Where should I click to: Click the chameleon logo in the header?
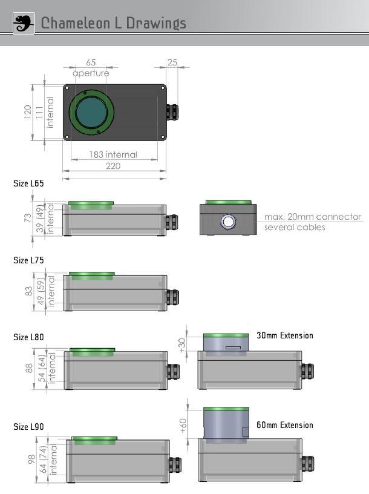point(24,23)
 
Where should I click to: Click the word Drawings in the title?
point(156,23)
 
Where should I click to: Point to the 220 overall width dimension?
point(113,166)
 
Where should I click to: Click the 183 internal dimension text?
point(113,154)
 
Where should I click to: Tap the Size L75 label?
point(28,260)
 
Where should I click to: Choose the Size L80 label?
point(28,337)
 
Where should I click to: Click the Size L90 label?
point(28,426)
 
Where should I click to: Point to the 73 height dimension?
point(27,218)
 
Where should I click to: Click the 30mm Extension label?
point(284,335)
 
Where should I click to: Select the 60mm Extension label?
point(284,425)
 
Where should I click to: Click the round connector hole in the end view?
point(228,222)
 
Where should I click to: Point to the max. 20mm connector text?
point(312,217)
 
